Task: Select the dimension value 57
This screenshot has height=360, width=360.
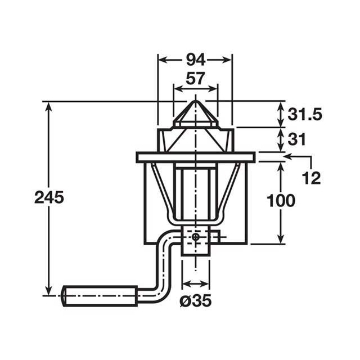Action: click(x=195, y=79)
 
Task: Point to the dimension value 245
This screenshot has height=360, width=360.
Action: click(x=49, y=197)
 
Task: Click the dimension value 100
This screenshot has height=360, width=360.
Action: click(x=280, y=201)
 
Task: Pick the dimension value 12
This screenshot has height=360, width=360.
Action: click(x=311, y=178)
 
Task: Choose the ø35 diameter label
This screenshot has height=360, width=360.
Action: click(x=196, y=301)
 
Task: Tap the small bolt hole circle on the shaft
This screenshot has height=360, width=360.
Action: click(x=195, y=237)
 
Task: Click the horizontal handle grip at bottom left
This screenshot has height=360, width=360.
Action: click(x=99, y=295)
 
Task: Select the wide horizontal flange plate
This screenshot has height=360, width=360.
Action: click(x=195, y=157)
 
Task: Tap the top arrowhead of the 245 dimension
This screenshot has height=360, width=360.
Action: click(x=49, y=106)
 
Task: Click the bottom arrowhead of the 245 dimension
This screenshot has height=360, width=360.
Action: click(x=49, y=291)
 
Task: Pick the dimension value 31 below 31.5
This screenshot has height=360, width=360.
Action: click(x=298, y=138)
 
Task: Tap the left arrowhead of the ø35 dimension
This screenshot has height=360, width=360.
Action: click(x=185, y=283)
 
